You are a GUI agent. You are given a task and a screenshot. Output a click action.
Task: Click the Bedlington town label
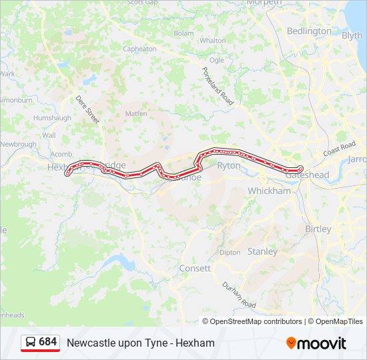point(308,31)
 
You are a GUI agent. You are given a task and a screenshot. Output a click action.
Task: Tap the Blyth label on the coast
point(352,35)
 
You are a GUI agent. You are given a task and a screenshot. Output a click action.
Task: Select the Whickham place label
point(269,191)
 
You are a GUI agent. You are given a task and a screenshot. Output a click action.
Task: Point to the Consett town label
point(194,268)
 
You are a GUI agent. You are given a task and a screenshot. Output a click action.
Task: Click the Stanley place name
point(262,251)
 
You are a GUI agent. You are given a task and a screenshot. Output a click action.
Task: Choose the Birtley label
point(318,229)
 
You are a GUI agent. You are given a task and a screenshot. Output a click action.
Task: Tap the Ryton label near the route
point(229,165)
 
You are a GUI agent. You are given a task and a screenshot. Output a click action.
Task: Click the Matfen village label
point(136,113)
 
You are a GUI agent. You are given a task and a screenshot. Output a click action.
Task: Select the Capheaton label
point(139,49)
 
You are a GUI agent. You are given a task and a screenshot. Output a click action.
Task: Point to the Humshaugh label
point(52,117)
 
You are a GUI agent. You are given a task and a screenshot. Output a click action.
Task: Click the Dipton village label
point(230,253)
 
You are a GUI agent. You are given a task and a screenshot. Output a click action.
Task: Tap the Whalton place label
point(212,41)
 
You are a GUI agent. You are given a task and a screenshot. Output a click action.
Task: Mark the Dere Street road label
point(87,109)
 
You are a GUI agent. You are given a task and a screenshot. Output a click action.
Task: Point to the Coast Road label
point(339,150)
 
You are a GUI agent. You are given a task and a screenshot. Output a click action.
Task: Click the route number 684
point(48,342)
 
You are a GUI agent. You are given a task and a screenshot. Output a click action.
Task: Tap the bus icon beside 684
point(31,343)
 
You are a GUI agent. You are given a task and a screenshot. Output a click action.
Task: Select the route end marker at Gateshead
point(300,169)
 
